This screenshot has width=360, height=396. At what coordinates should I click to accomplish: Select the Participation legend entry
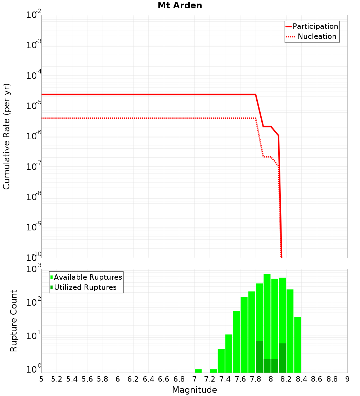point(315,27)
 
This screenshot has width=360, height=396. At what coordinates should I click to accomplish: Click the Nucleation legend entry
point(316,37)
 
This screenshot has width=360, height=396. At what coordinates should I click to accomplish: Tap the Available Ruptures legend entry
point(88,278)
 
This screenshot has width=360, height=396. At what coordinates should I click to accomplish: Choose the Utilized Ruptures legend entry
point(85,288)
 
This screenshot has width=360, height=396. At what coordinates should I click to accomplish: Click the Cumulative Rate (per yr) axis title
point(6,136)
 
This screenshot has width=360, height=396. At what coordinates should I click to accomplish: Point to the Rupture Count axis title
point(14,321)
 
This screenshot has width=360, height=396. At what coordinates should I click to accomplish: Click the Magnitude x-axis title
point(194,390)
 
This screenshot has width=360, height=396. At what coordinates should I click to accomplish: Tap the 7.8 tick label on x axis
point(256,379)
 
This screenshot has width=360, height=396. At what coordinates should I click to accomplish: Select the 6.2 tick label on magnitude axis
point(133,379)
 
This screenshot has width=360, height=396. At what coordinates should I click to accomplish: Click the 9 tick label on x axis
point(347,379)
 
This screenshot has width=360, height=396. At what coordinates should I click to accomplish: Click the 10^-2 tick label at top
point(34,15)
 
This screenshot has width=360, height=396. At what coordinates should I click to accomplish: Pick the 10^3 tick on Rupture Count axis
point(34,269)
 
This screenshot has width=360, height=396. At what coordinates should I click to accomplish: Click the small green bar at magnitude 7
point(198,371)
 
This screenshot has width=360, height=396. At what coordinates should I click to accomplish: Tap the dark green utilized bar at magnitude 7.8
point(259,356)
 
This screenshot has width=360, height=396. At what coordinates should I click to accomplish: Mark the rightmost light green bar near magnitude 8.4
point(297,345)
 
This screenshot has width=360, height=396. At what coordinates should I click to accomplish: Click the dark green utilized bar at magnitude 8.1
point(282,358)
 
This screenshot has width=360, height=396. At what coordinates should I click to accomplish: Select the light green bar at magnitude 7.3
point(213,371)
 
